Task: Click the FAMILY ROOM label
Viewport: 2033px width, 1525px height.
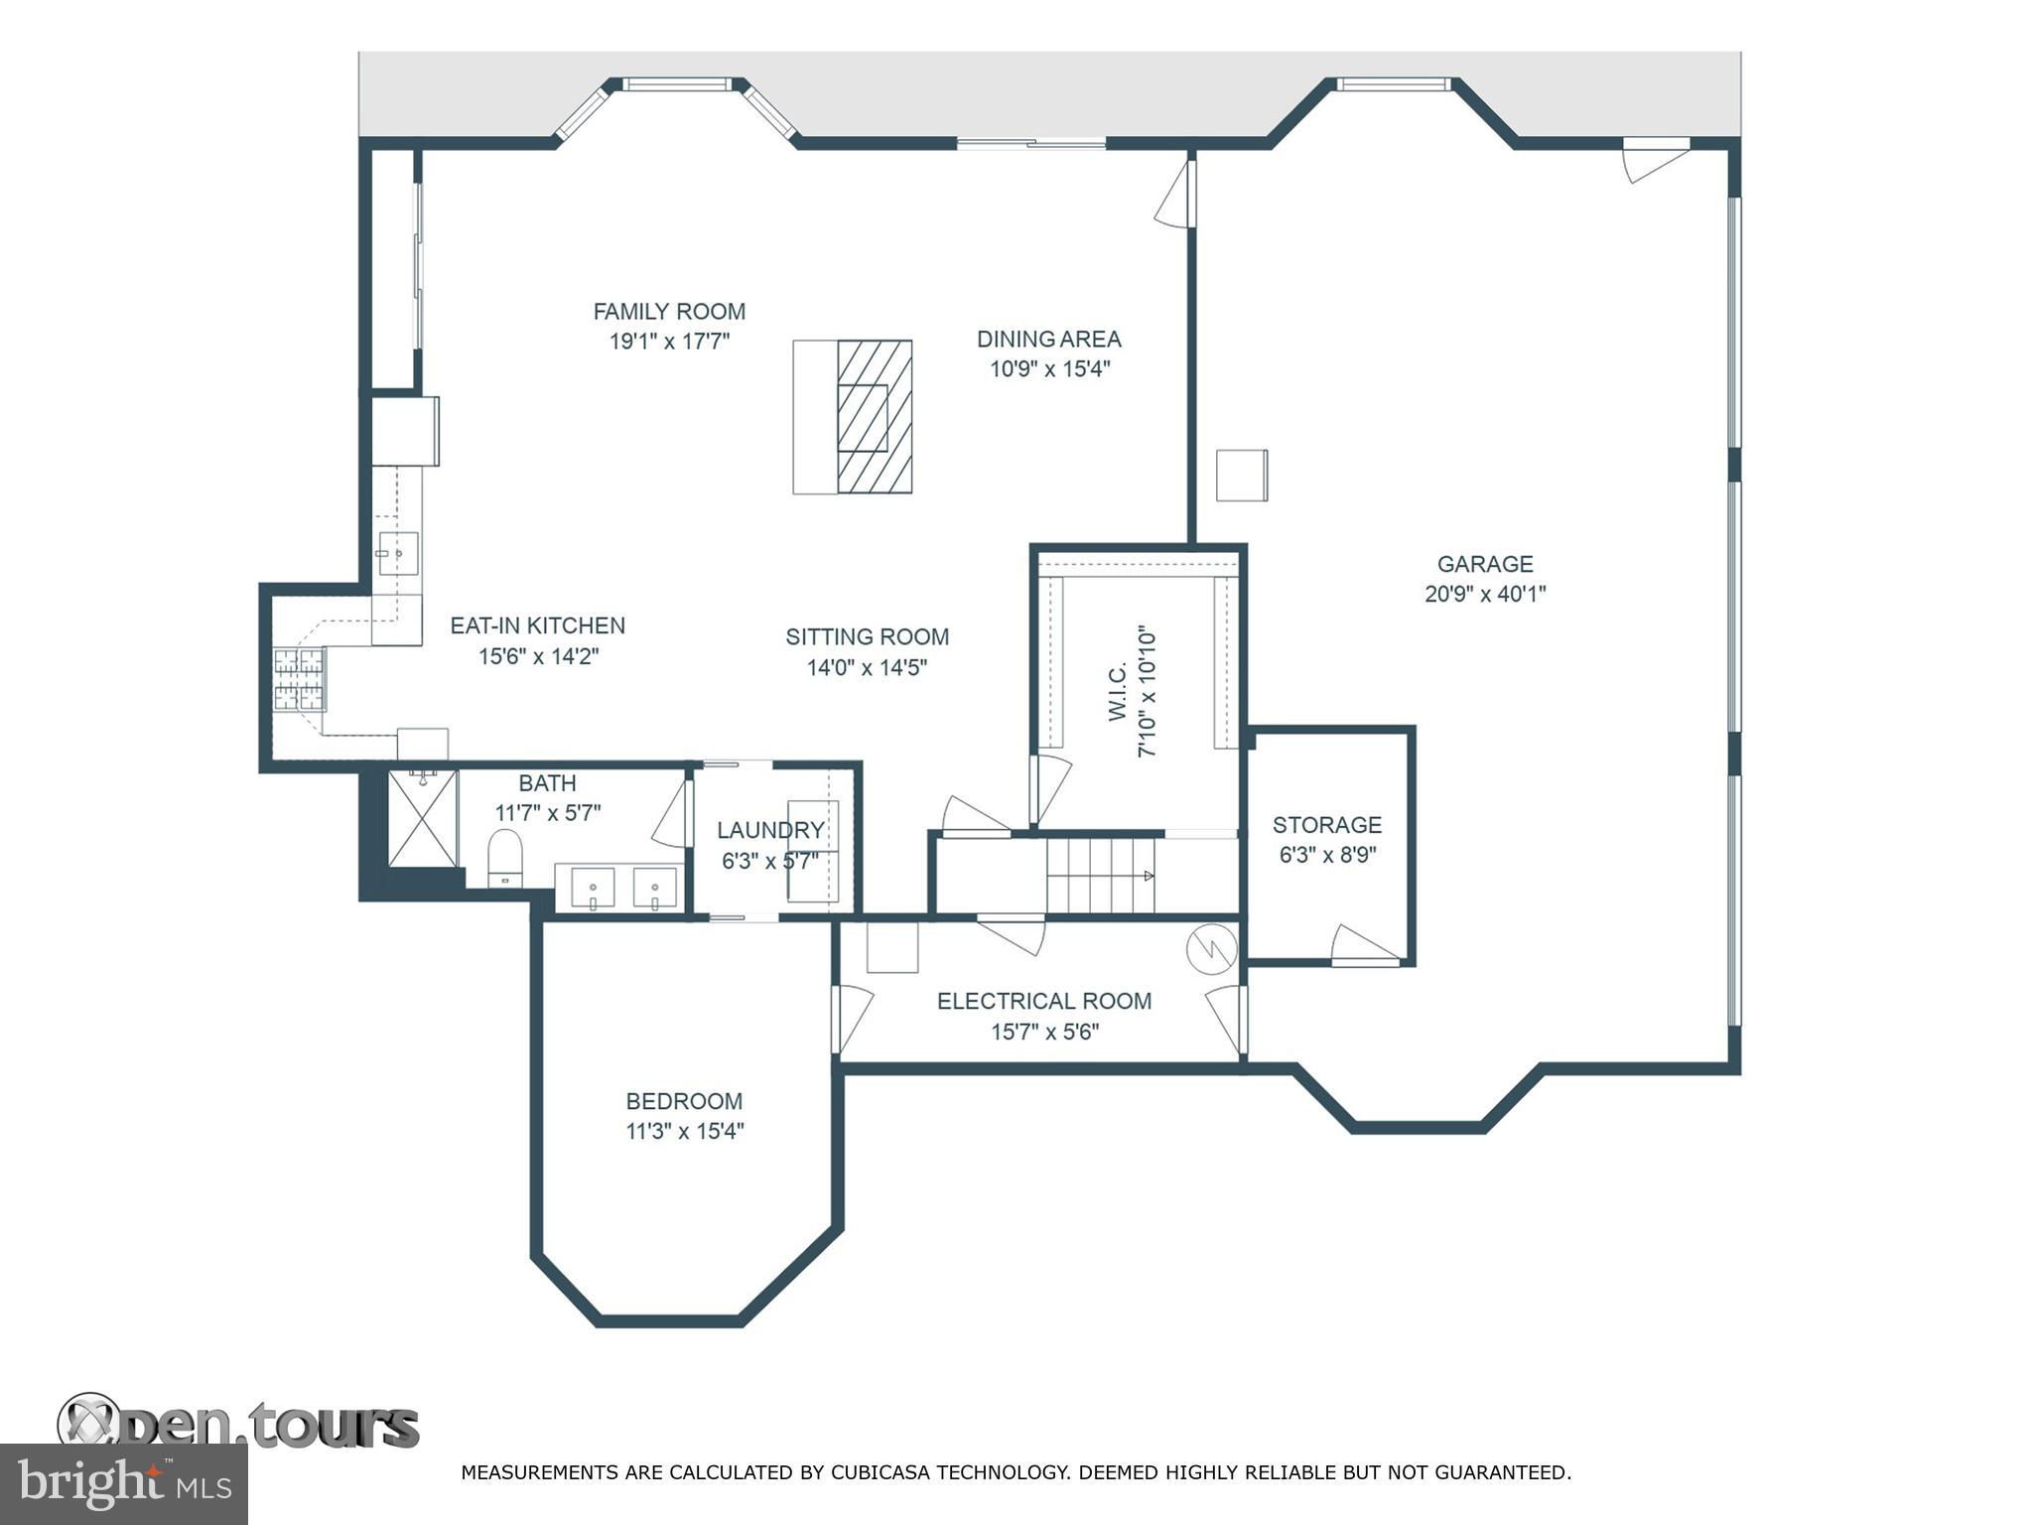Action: coord(669,312)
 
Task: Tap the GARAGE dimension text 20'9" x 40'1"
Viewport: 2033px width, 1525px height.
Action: coord(1485,595)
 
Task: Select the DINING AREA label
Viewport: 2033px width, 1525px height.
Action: coord(1049,340)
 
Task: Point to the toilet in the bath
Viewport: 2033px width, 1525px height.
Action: coord(505,858)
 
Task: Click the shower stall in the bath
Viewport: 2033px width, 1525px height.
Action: coord(423,818)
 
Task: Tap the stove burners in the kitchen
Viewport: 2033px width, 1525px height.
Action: coord(300,679)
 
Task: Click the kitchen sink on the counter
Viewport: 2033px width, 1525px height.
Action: coord(397,553)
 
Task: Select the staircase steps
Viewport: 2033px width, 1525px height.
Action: coord(1101,875)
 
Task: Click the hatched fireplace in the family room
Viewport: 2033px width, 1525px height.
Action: coord(875,417)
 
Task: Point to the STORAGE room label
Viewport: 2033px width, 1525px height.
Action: coord(1327,825)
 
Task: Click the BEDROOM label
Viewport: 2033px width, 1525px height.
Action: coord(684,1101)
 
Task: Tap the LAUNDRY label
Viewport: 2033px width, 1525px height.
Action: coord(770,830)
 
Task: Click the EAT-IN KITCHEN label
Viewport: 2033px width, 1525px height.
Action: coord(538,625)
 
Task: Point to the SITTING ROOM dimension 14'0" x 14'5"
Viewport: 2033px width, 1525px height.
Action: coord(867,667)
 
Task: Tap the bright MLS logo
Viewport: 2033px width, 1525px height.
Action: coord(123,1484)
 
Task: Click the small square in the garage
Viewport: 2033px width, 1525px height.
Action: coord(1243,476)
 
